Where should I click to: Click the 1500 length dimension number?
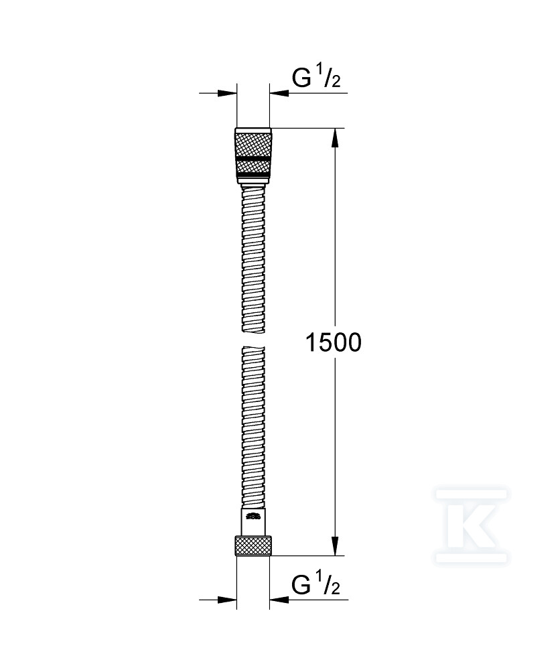333,342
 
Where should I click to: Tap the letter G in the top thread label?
301,78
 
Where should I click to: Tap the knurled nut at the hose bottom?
253,545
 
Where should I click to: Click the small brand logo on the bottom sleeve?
253,516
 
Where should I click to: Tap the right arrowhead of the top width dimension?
278,94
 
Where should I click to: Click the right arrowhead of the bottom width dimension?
278,599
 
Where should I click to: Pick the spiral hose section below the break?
253,429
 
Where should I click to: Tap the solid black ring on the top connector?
253,155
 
